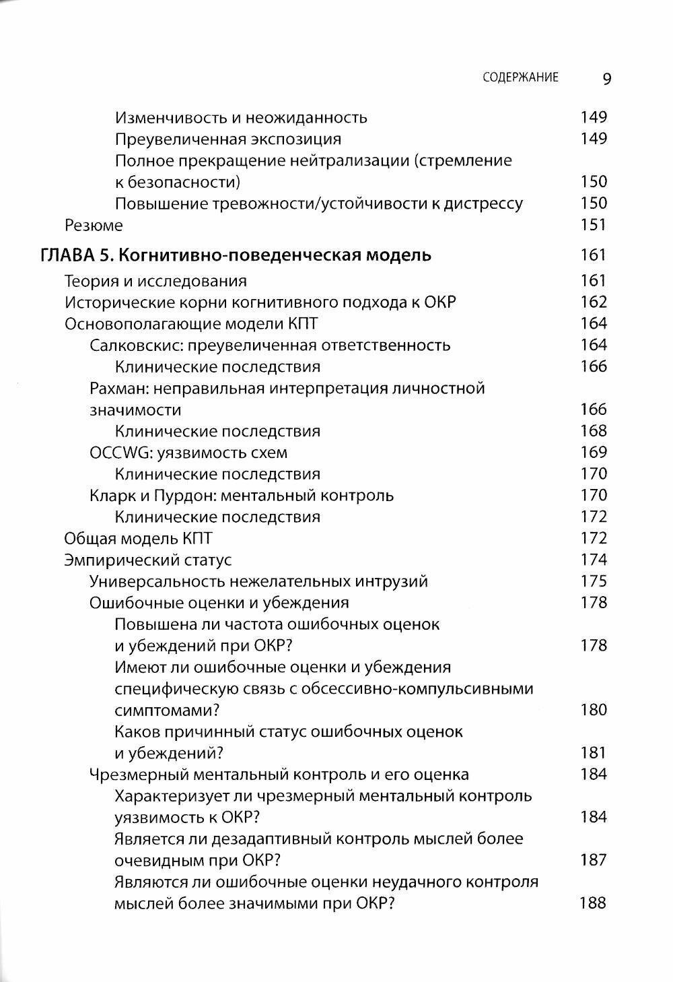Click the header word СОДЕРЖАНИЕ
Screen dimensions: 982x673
click(x=520, y=77)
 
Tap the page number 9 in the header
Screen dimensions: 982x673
click(x=606, y=79)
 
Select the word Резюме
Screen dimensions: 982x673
click(x=94, y=225)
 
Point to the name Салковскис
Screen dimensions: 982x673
click(x=136, y=346)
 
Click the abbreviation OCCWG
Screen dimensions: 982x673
click(x=116, y=453)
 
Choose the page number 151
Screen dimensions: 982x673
click(x=594, y=225)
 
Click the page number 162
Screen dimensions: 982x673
click(x=594, y=302)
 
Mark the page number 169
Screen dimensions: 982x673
click(x=594, y=453)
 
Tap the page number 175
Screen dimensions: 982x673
click(x=594, y=581)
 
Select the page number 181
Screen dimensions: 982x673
click(x=594, y=753)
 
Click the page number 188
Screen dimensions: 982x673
click(x=593, y=903)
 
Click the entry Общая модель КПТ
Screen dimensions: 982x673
click(x=138, y=539)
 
